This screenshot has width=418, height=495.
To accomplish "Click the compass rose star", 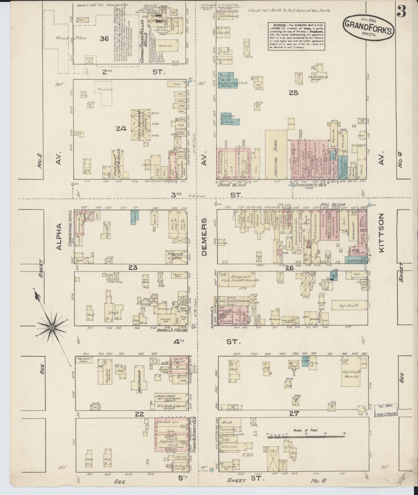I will point(52,328).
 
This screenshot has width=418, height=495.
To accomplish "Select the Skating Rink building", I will point(276,154).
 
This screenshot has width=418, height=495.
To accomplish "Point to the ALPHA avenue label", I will point(59,236).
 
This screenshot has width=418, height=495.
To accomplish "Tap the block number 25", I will point(293,93).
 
